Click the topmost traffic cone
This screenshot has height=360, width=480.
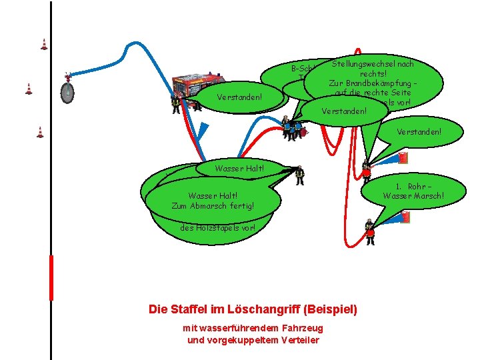click(44, 45)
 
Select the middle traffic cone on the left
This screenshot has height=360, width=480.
click(29, 89)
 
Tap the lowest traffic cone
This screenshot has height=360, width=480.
click(40, 132)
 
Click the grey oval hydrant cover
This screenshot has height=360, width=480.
click(67, 92)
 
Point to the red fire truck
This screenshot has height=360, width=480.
click(197, 85)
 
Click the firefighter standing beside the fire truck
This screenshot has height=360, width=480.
click(176, 104)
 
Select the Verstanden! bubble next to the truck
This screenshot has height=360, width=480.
click(240, 98)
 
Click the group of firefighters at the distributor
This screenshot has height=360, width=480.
click(292, 129)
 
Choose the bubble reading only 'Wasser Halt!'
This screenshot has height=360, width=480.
click(240, 168)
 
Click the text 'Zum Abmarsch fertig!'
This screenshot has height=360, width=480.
click(211, 205)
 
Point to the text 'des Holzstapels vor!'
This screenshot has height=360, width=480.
click(217, 227)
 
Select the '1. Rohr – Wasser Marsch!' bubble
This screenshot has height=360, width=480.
click(413, 191)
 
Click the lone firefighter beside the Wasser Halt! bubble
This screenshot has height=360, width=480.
click(299, 175)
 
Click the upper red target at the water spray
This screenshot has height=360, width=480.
click(402, 158)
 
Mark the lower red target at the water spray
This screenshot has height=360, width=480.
click(405, 217)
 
